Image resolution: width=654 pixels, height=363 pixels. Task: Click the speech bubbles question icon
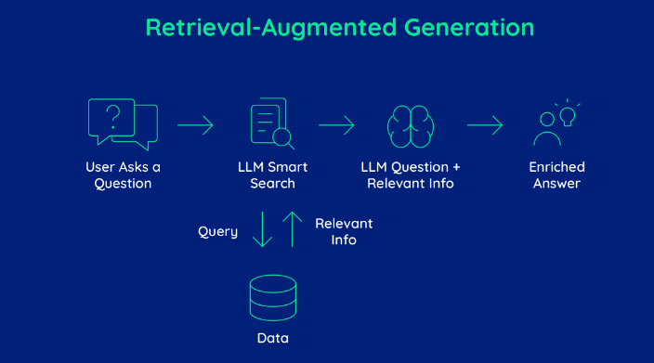tap(122, 123)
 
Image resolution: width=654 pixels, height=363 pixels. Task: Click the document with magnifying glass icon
tap(270, 124)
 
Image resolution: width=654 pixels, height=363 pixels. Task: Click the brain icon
tap(411, 124)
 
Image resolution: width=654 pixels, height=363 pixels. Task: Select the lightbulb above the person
tap(567, 114)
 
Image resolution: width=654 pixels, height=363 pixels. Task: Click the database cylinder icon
tap(272, 297)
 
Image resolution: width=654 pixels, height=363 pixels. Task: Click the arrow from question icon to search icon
tap(195, 124)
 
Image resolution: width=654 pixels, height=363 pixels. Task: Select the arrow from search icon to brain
tap(336, 124)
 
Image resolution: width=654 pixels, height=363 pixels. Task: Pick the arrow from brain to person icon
tap(484, 124)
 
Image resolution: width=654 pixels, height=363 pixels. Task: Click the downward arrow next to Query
tap(262, 228)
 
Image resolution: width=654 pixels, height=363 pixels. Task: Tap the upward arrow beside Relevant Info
tap(293, 228)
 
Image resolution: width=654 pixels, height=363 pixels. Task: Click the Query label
tap(217, 231)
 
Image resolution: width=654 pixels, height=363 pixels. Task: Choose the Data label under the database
tap(272, 338)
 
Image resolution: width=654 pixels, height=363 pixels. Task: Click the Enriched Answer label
tap(556, 175)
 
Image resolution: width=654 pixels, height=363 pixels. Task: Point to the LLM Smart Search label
tap(272, 175)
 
